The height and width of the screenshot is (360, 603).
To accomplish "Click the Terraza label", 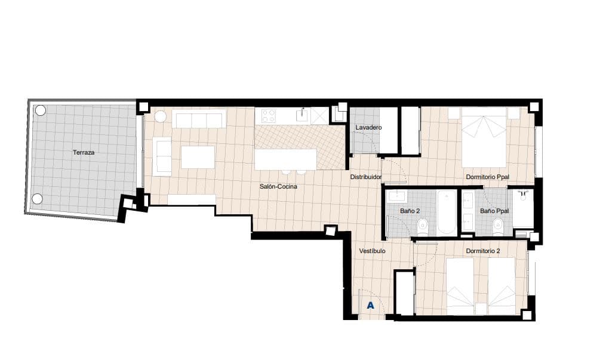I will [x=84, y=153].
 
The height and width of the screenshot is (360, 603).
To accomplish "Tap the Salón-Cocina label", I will [x=278, y=187].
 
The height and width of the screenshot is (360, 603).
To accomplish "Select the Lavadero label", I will [x=368, y=128].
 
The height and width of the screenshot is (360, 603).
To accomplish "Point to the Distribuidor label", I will [x=365, y=177].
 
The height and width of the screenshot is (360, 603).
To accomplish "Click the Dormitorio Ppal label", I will [x=487, y=177].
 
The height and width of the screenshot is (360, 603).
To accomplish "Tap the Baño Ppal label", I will [x=494, y=211].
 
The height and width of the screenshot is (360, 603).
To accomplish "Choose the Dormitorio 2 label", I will [x=482, y=251].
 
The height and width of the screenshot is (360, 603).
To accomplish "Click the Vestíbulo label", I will [x=372, y=251].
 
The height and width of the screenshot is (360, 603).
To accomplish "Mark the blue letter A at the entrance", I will [x=370, y=306].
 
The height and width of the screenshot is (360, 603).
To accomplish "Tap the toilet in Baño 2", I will [x=423, y=226].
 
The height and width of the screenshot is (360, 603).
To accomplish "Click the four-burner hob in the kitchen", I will [x=269, y=115].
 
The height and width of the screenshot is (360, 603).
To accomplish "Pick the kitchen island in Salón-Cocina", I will [x=285, y=159].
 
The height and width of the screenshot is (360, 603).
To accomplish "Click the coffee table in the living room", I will [x=197, y=157].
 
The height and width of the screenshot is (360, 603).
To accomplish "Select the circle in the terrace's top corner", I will [x=40, y=110].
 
